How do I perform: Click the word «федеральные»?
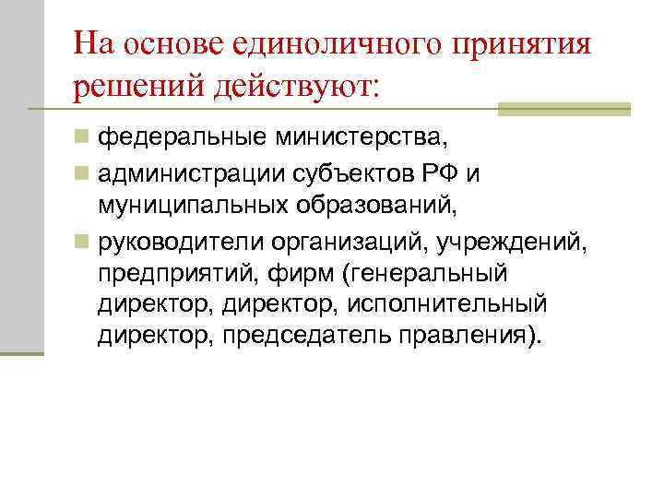click(x=181, y=139)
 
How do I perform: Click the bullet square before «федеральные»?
click(x=83, y=139)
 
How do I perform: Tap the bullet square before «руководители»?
click(x=83, y=242)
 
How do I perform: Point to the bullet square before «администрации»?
click(x=83, y=173)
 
